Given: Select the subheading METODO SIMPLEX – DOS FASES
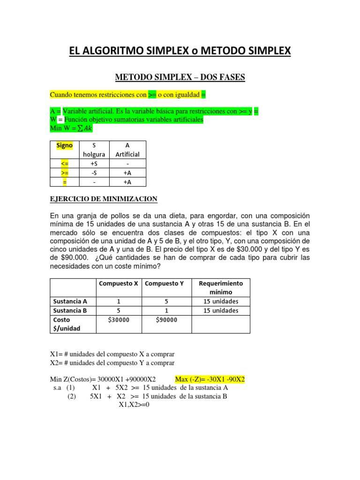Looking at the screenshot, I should click(180, 77).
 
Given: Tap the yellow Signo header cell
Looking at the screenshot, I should click(64, 145).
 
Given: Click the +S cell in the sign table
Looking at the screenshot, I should click(94, 163).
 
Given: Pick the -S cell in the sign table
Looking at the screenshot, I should click(94, 172).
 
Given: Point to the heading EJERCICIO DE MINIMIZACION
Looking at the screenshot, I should click(104, 199).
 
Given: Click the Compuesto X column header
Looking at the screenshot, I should click(118, 284).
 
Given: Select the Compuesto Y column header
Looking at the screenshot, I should click(165, 284).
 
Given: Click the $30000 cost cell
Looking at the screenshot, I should click(118, 320).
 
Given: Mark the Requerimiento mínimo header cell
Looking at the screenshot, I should click(221, 287).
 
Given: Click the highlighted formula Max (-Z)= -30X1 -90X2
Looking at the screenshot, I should click(210, 379).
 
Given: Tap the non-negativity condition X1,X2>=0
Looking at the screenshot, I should click(133, 405).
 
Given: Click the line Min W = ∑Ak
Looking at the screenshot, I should click(68, 128).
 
